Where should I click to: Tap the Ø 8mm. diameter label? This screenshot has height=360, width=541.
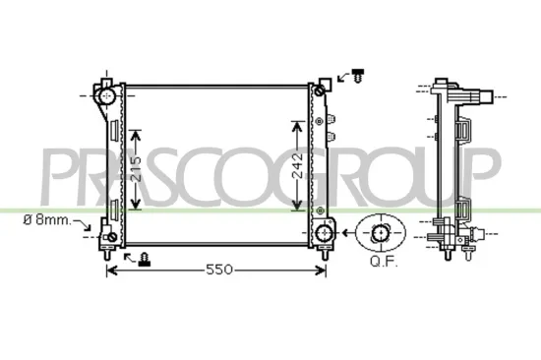46,220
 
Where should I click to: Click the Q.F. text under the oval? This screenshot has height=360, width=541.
382,262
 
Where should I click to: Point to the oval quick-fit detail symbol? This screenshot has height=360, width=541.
381,234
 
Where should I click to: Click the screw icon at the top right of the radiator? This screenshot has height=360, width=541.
356,74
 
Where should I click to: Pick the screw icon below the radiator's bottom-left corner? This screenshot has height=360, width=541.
146,258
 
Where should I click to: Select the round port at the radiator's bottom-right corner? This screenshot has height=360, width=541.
323,232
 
